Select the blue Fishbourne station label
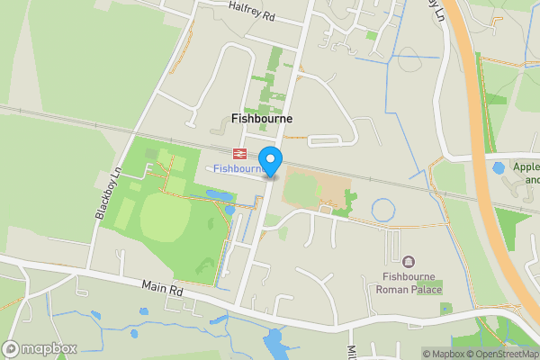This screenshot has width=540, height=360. click(238, 168)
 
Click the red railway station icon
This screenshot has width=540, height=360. click(239, 153)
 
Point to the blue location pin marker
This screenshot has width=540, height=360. click(271, 160)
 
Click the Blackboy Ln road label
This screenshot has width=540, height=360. click(108, 194)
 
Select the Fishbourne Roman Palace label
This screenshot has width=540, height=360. click(409, 283)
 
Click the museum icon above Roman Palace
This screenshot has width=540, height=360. click(409, 262)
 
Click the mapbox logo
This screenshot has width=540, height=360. click(40, 348)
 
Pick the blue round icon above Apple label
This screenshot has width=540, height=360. click(499, 167)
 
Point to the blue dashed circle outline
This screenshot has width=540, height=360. click(383, 211)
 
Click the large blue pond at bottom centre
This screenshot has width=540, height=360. click(274, 343)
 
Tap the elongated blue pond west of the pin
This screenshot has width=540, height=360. click(219, 194)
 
